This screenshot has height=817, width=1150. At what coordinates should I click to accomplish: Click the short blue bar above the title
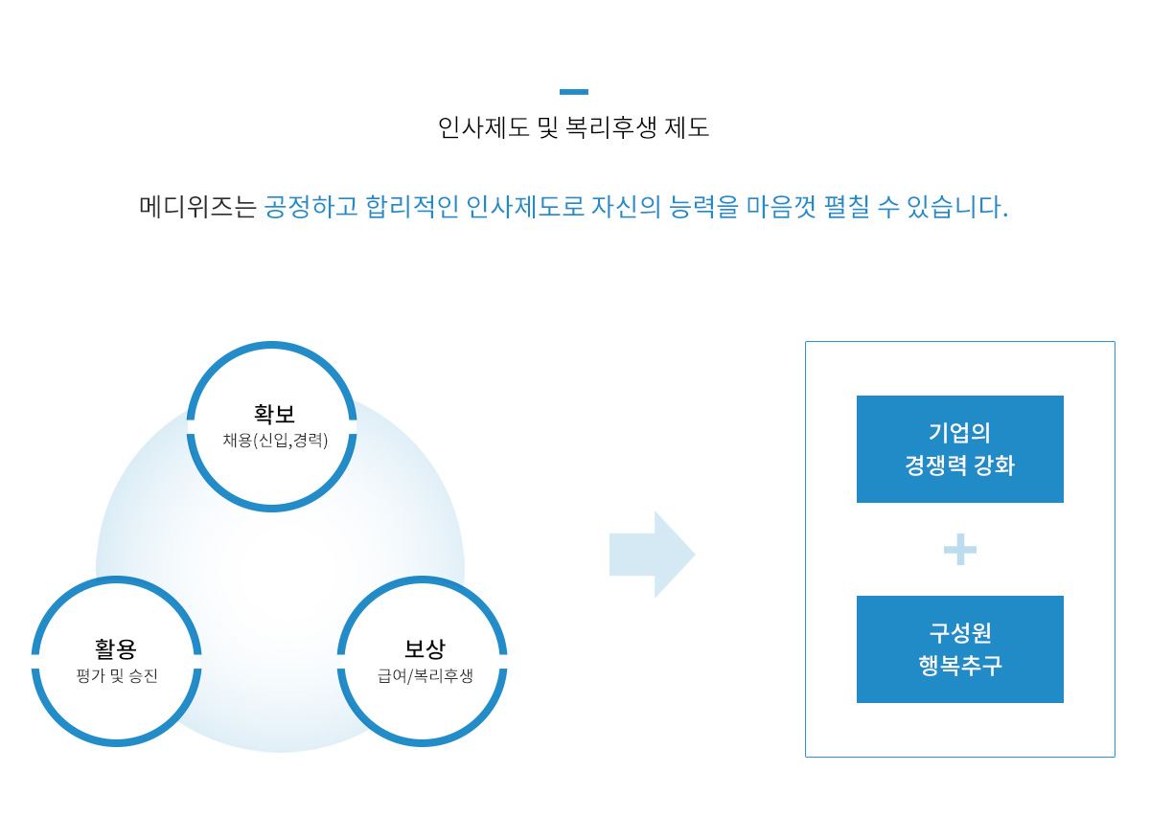[573, 92]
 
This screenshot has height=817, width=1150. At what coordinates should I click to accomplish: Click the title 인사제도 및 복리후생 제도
[573, 127]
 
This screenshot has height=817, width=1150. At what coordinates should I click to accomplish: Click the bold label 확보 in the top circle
[274, 414]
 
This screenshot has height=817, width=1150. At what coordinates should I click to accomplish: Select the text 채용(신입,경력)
[275, 441]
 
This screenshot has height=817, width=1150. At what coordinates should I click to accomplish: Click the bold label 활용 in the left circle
[116, 648]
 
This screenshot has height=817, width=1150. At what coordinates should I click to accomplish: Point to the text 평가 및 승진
[117, 676]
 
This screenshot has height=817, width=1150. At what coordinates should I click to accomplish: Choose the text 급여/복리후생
[425, 676]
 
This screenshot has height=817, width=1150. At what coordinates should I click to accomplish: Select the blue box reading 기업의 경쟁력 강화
[959, 449]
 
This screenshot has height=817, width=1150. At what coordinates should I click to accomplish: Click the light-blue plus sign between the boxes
[959, 550]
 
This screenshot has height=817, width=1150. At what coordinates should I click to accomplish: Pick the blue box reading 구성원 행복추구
[959, 649]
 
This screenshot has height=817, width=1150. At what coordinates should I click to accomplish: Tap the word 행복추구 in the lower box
[959, 666]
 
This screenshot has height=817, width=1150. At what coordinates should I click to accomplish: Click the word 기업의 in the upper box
[959, 432]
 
